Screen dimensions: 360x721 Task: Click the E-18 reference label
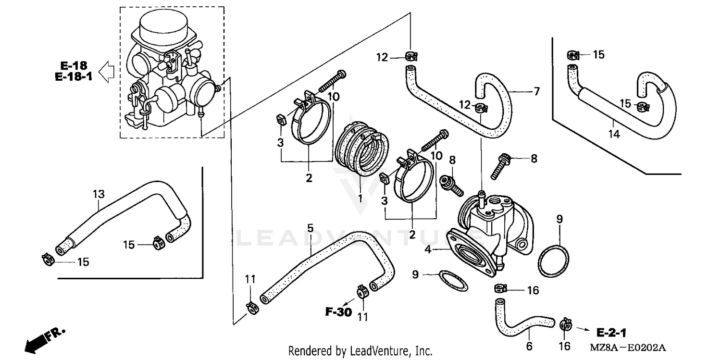tap(73, 65)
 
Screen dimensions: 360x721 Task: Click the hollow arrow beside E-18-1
tap(106, 73)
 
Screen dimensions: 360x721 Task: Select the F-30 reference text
tap(338, 312)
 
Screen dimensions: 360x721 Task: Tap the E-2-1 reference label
tap(612, 332)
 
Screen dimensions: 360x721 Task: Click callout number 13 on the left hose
tap(98, 194)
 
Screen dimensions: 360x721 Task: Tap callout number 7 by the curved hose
tap(536, 91)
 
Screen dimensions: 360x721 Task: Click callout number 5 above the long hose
tap(310, 228)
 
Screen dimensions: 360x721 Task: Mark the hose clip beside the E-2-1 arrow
tap(566, 326)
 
